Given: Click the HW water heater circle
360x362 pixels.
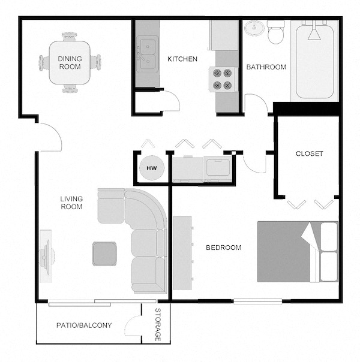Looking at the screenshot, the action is pyautogui.click(x=152, y=168).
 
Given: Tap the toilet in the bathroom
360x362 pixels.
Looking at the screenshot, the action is pyautogui.click(x=275, y=32).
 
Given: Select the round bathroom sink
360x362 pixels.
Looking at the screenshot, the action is pyautogui.click(x=254, y=28).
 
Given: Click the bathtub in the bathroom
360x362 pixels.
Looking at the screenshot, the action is pyautogui.click(x=315, y=61).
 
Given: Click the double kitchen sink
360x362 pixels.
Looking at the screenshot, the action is pyautogui.click(x=148, y=54).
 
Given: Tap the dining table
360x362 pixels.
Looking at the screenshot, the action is pyautogui.click(x=70, y=62).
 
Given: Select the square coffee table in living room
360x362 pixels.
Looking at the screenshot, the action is pyautogui.click(x=104, y=254).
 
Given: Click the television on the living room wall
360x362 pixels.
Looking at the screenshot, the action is pyautogui.click(x=46, y=257).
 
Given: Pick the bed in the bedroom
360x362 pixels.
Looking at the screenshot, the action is pyautogui.click(x=298, y=252).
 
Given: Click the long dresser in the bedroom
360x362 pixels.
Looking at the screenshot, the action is pyautogui.click(x=182, y=253).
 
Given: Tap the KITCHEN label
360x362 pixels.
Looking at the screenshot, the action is pyautogui.click(x=182, y=59).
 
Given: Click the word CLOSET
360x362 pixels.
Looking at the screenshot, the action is pyautogui.click(x=310, y=153).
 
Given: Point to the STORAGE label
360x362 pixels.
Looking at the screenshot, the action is pyautogui.click(x=158, y=325).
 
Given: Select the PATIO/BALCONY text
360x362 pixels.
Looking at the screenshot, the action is pyautogui.click(x=84, y=325).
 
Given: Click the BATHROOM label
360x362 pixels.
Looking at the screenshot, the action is pyautogui.click(x=266, y=67).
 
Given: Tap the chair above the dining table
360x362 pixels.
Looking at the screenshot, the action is pyautogui.click(x=70, y=37).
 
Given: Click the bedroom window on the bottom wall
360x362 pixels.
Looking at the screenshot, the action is pyautogui.click(x=257, y=301).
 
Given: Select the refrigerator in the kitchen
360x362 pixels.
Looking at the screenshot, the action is pyautogui.click(x=224, y=35).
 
